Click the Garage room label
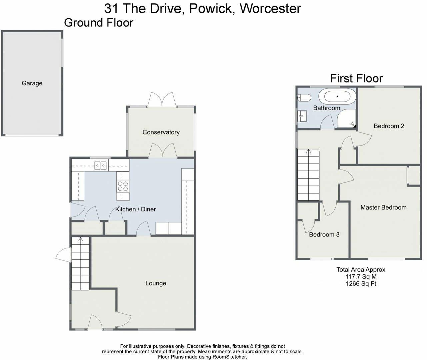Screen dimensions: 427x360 point(32,83)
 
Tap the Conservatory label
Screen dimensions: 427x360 point(161,132)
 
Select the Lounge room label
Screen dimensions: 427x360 point(156,283)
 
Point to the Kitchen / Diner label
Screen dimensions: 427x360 point(135,209)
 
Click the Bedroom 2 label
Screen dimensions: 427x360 point(389,126)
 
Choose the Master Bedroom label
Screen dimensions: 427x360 point(383,207)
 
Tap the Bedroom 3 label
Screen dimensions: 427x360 point(324,234)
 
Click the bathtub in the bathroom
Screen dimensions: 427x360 point(337,96)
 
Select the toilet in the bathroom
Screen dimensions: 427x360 point(304,98)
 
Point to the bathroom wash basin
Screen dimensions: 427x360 point(302,116)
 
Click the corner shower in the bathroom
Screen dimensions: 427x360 point(346,119)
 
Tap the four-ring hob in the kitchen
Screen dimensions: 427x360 point(123,186)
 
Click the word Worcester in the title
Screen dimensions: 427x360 point(270,9)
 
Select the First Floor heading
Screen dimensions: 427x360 point(356,78)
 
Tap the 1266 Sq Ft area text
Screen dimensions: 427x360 point(361,283)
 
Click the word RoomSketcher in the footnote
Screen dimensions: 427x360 point(229,357)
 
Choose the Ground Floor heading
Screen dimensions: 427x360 point(99,23)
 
